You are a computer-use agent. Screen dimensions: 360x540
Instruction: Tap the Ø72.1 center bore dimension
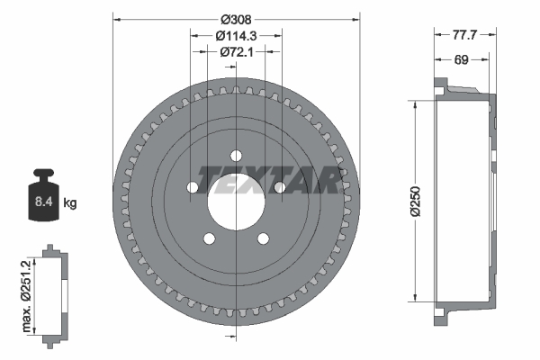(x=236, y=52)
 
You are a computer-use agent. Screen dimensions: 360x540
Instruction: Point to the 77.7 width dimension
(x=463, y=35)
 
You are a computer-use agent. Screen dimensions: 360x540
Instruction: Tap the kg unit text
(x=70, y=203)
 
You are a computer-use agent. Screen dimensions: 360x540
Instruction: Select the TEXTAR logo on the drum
(x=270, y=179)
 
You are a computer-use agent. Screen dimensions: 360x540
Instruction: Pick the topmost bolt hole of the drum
(x=236, y=154)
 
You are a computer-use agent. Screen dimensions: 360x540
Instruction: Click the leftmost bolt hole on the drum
(x=193, y=187)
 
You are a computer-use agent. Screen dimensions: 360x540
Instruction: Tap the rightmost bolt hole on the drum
(x=279, y=187)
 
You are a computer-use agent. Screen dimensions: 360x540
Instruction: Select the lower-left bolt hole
(x=210, y=238)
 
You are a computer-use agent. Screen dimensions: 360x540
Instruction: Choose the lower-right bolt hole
(x=263, y=238)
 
